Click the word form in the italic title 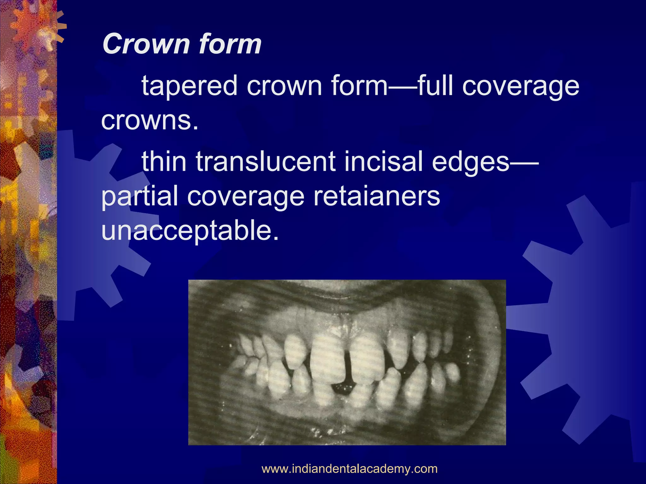click(230, 44)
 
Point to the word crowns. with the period click(150, 120)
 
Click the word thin click(164, 162)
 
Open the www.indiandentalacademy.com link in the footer click(349, 469)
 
